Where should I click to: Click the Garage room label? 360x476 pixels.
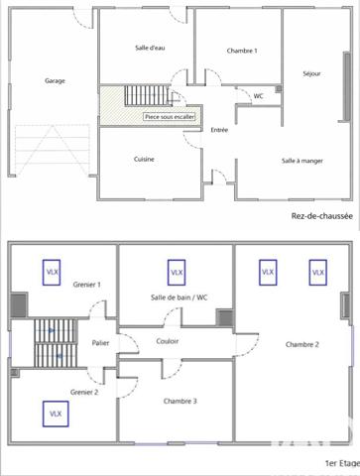(55, 81)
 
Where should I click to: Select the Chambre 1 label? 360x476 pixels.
(241, 51)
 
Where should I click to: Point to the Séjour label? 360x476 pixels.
(311, 73)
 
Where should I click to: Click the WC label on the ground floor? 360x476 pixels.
(258, 96)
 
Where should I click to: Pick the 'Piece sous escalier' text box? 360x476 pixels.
(170, 116)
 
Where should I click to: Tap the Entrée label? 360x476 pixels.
(220, 129)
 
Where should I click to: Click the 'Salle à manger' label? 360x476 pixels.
(301, 160)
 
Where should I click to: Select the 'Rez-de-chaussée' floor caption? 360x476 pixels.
(320, 215)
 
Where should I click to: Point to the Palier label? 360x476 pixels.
(100, 342)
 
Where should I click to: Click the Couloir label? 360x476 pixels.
(168, 342)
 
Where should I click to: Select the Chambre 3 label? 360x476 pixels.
(180, 401)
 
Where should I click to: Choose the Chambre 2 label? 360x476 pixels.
(300, 344)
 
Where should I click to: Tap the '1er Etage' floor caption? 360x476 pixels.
(341, 463)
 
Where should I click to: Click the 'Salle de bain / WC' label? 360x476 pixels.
(179, 297)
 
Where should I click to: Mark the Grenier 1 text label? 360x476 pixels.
(87, 285)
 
